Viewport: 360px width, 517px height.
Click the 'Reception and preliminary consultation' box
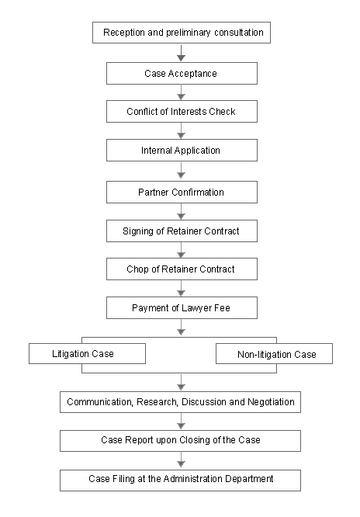click(182, 33)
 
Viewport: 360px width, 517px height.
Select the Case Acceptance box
click(182, 73)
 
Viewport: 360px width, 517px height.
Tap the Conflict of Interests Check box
click(182, 112)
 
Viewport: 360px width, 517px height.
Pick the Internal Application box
click(182, 151)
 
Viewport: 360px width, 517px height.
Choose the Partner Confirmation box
click(182, 193)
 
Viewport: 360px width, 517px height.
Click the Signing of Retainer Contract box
click(182, 231)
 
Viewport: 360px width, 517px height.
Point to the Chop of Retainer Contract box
click(182, 269)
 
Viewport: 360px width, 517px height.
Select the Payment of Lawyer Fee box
click(182, 307)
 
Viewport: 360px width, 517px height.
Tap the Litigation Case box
click(88, 354)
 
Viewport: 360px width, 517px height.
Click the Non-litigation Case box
click(275, 354)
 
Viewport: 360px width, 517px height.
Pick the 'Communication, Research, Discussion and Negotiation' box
click(180, 402)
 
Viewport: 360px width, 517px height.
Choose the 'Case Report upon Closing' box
click(180, 441)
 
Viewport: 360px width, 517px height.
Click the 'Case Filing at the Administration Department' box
click(180, 481)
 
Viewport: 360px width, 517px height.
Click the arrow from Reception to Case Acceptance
click(181, 53)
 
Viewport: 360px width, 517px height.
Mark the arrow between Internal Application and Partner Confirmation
click(181, 171)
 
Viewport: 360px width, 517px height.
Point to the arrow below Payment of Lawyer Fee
click(181, 328)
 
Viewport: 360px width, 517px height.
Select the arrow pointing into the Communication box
click(181, 382)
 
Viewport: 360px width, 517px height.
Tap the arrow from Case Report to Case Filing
click(181, 460)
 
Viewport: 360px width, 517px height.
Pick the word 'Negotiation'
click(271, 402)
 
